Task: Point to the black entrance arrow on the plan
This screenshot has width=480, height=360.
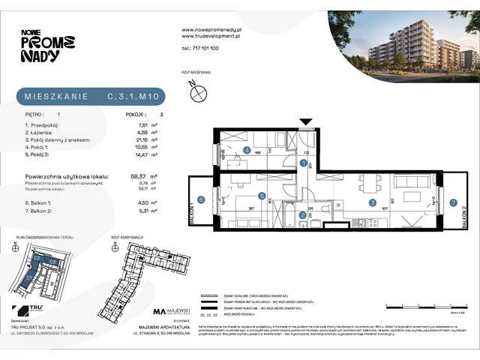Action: click(305, 121)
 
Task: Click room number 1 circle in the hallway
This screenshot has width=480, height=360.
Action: click(303, 163)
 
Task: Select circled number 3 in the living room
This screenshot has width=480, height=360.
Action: click(371, 202)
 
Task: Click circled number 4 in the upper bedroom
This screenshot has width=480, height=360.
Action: click(247, 149)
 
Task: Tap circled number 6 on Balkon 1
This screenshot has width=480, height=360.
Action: click(201, 199)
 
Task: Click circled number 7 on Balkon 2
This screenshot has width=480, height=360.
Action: click(453, 202)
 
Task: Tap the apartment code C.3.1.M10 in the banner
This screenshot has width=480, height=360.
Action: click(133, 96)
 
